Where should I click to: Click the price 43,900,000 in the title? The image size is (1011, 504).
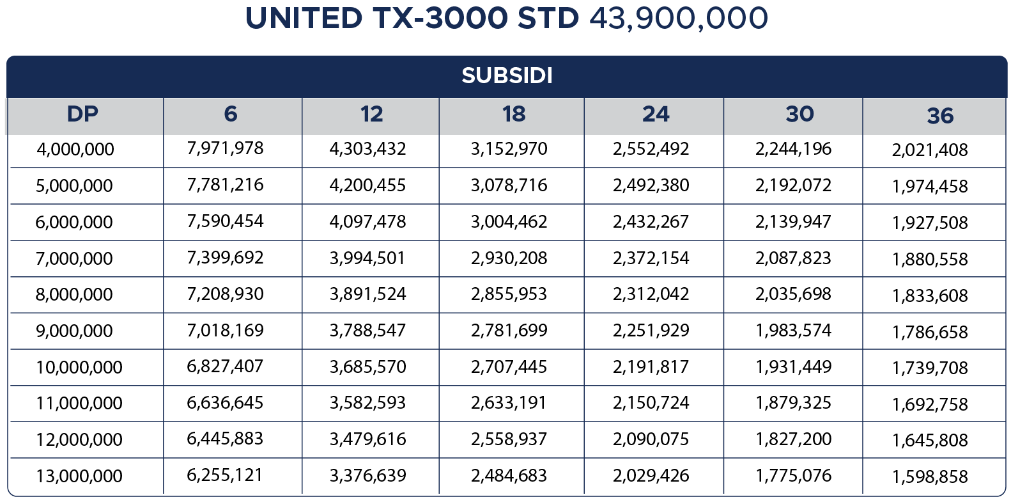pos(678,19)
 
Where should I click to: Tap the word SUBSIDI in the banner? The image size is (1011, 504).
pos(507,75)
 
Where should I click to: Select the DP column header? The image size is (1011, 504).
pos(83,114)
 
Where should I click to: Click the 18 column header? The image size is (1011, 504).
pos(513,114)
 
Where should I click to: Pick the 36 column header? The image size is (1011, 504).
pos(940,116)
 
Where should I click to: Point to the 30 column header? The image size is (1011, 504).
pos(799,114)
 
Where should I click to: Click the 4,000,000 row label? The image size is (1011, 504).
pos(75,150)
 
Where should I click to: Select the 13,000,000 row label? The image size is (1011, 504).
pos(79,476)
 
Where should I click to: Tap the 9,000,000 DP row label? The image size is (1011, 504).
pos(74,331)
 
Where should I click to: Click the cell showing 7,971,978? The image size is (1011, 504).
pos(225,148)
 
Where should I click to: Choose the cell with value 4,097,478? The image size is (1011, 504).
pos(367,222)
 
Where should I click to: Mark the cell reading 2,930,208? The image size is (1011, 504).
pos(509,258)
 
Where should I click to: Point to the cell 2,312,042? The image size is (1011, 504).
pos(651,294)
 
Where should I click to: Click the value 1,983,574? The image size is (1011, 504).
pos(793,331)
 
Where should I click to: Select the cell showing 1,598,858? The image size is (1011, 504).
pos(930,476)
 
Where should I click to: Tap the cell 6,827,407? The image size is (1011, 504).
pos(225,366)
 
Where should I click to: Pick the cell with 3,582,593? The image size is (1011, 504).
pos(367,403)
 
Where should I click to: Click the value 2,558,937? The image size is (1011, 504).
pos(509,439)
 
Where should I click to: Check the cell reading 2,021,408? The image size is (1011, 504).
pos(930,150)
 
